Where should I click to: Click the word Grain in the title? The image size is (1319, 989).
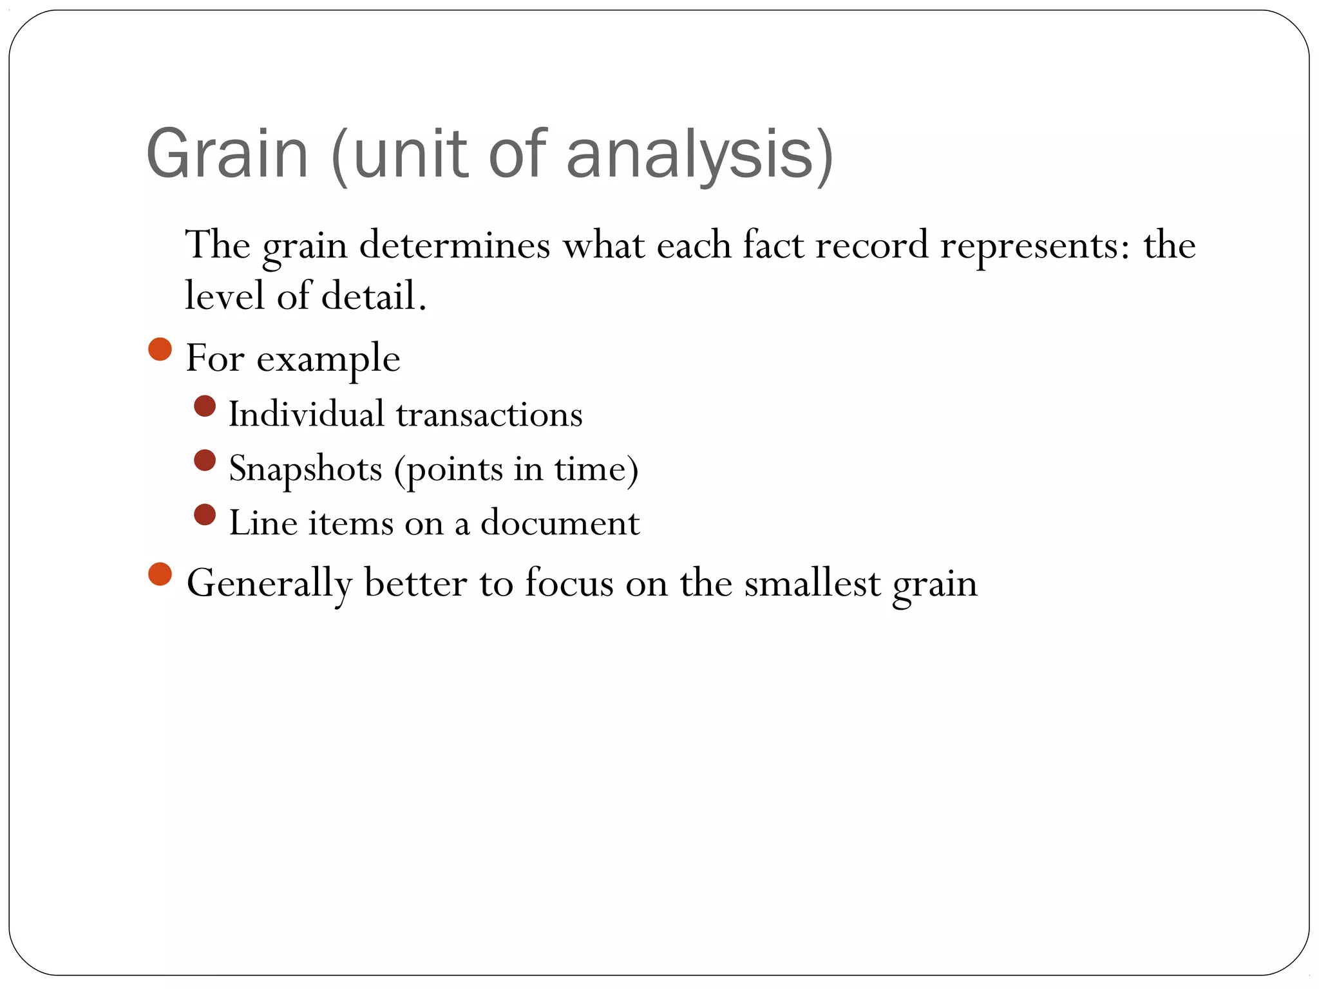(227, 155)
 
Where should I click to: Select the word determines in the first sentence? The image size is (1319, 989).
(455, 246)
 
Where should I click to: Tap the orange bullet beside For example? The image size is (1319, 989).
(160, 350)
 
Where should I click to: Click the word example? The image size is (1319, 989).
(328, 359)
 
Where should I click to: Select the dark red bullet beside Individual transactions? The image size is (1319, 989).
(205, 406)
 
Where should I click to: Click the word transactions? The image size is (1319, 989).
(489, 415)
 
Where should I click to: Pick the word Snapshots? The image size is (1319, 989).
(305, 469)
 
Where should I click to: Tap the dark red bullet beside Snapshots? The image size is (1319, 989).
(205, 460)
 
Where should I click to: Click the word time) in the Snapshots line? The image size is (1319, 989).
(596, 469)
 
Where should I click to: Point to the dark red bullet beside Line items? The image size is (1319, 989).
(205, 514)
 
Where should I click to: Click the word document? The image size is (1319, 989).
(560, 523)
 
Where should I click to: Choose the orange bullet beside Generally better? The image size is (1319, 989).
(160, 574)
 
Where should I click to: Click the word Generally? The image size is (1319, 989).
(269, 584)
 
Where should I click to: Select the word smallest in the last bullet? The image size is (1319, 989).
(812, 584)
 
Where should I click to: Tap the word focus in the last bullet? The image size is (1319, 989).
(569, 584)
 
